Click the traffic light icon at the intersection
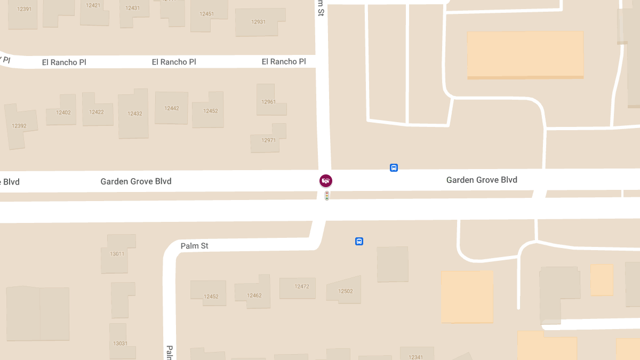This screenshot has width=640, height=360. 327,196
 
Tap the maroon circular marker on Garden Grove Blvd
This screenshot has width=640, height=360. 326,181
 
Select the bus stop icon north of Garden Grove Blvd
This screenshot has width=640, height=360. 394,168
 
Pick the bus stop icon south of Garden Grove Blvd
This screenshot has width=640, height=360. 359,241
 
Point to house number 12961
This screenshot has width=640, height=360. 268,102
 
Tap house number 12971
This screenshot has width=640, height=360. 268,140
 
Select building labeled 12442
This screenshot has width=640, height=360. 172,108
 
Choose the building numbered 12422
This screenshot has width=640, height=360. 97,112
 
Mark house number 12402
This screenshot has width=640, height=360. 63,113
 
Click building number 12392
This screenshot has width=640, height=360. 19,126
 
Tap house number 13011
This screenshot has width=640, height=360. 117,254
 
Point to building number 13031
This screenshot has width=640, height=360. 120,343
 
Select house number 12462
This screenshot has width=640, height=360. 254,295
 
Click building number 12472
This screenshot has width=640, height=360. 302,286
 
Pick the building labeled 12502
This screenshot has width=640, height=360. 346,291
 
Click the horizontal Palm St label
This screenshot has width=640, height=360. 194,246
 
